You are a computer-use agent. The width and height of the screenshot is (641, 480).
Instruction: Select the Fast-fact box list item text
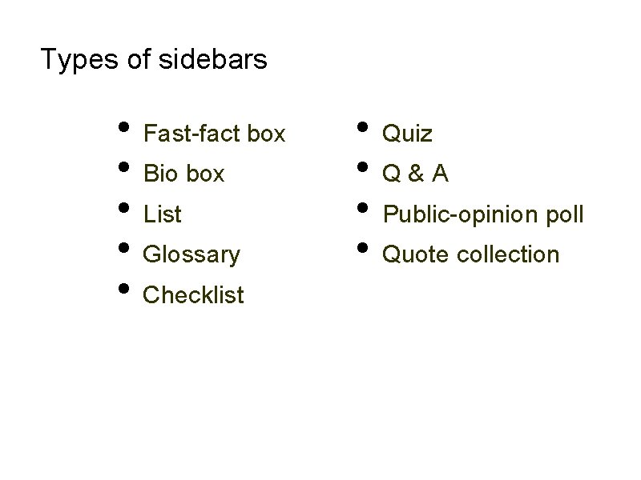click(x=214, y=134)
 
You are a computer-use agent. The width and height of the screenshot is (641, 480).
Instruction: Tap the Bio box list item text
click(x=183, y=174)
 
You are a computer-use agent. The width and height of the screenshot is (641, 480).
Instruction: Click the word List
click(x=162, y=214)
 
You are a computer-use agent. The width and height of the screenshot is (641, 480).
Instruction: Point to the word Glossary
click(x=191, y=255)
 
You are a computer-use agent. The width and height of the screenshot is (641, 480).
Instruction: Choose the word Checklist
click(x=193, y=295)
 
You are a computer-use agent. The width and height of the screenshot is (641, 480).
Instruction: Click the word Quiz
click(x=408, y=134)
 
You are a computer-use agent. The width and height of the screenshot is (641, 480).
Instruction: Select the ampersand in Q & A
click(x=416, y=174)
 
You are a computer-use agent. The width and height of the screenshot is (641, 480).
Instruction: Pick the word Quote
click(x=417, y=255)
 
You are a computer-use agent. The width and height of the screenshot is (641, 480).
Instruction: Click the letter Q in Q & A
click(x=392, y=174)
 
